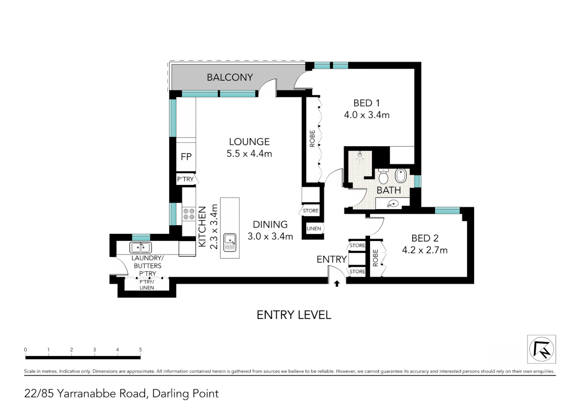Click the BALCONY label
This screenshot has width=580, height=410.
click(230, 77)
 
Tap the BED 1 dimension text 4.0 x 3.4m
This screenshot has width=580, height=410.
click(367, 115)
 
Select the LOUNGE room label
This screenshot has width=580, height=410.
click(249, 142)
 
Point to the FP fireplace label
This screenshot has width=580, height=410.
click(186, 157)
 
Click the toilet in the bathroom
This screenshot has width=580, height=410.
click(383, 177)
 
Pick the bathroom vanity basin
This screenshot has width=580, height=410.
click(392, 204)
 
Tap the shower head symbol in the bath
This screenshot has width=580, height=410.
click(360, 155)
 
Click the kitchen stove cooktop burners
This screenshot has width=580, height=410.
click(189, 214)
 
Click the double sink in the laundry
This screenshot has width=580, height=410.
click(140, 248)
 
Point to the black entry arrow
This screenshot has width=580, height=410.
click(336, 284)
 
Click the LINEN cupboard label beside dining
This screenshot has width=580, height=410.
click(314, 229)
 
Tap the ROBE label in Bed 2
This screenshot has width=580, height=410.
click(375, 258)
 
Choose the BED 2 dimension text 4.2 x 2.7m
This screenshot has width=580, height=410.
click(425, 250)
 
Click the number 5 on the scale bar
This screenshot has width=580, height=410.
click(140, 350)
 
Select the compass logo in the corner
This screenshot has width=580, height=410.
click(541, 349)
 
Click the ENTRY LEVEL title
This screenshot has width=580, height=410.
click(294, 315)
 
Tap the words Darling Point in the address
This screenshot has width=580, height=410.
click(185, 394)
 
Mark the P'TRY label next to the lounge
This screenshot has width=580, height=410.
click(185, 179)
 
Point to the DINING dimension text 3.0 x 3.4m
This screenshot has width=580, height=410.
click(270, 237)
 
